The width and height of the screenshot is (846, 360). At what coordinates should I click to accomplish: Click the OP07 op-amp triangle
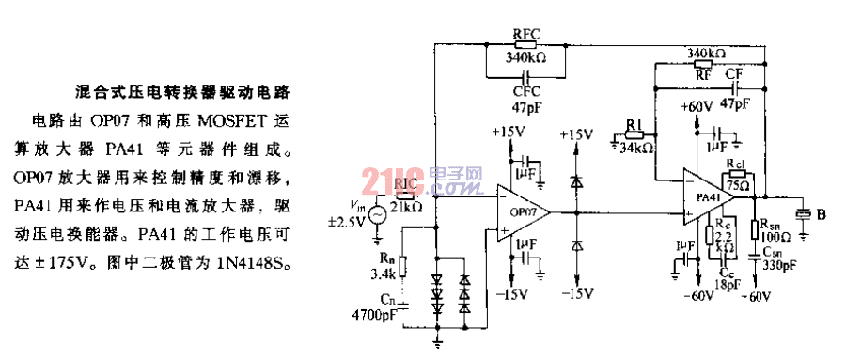(x=523, y=211)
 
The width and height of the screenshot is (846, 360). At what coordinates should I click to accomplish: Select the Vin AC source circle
(x=378, y=214)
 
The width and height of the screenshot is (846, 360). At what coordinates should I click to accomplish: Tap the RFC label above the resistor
(x=525, y=33)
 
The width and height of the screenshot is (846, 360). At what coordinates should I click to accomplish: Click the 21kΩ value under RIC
(x=407, y=206)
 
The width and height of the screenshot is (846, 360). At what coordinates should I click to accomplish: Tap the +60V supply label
(x=697, y=106)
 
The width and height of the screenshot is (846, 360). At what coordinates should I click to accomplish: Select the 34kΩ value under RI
(x=636, y=149)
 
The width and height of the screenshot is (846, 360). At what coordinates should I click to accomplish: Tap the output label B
(x=822, y=215)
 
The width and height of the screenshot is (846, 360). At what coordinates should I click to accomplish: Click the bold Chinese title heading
(x=181, y=93)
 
